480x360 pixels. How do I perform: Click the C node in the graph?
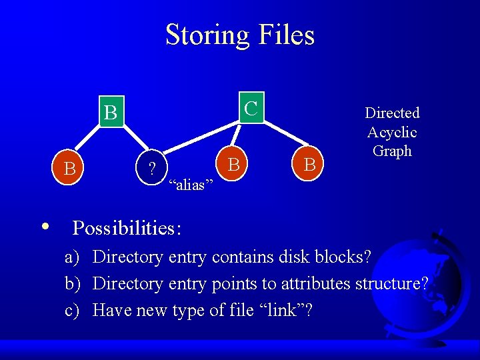[x=251, y=107]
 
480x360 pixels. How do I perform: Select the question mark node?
[x=152, y=167]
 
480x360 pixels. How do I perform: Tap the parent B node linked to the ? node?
[x=111, y=113]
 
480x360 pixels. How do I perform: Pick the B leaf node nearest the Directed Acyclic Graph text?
[x=309, y=164]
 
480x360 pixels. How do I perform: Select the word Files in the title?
[x=288, y=35]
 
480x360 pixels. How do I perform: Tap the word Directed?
[x=392, y=113]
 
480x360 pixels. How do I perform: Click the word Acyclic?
[x=392, y=132]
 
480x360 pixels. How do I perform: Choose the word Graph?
[x=392, y=151]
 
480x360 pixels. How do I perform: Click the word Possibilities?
[x=126, y=228]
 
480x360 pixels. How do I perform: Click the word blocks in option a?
[x=343, y=257]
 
